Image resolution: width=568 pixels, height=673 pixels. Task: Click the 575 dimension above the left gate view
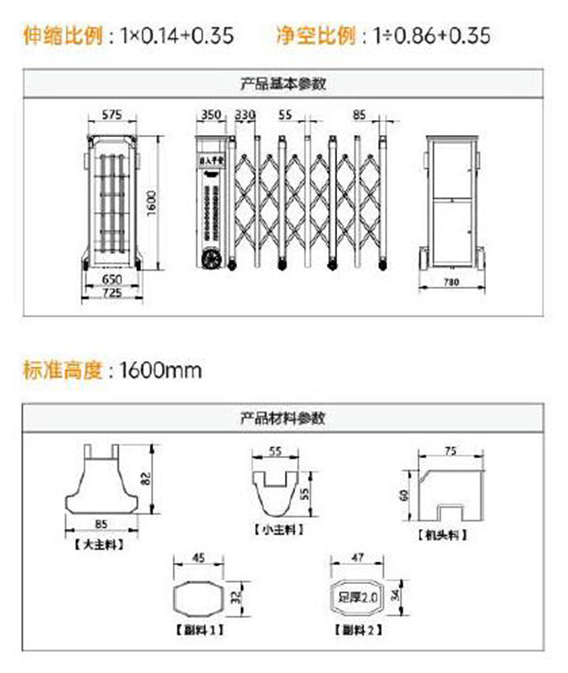point(112,114)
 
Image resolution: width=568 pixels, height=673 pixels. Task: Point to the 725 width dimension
point(111,292)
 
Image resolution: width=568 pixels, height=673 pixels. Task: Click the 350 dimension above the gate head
point(212,114)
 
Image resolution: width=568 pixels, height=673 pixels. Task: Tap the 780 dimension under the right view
point(452,282)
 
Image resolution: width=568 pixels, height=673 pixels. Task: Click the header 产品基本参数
point(283,84)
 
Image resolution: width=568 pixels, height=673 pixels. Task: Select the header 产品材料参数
point(283,418)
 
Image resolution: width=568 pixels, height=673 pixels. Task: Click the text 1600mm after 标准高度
point(160,370)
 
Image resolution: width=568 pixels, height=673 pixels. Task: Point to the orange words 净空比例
point(315,36)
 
